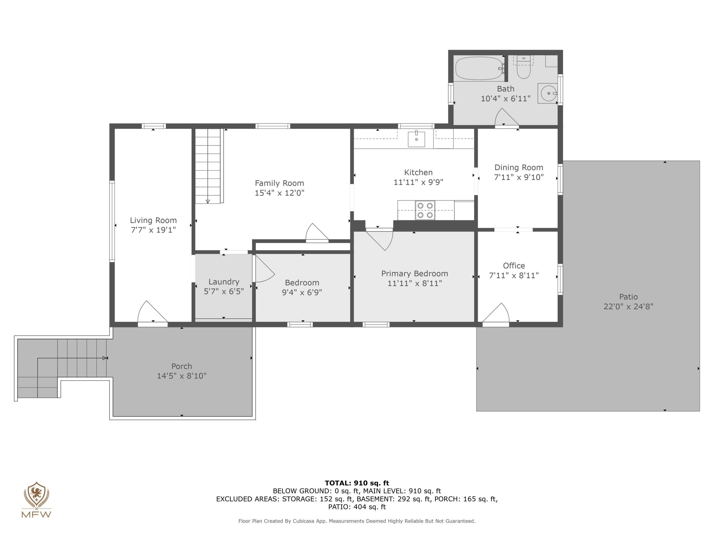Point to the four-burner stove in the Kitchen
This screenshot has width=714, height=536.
tap(425, 210)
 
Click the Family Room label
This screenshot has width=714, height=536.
tap(279, 183)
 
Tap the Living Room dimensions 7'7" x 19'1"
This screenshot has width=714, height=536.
tap(153, 230)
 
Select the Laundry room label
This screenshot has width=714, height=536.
tap(224, 282)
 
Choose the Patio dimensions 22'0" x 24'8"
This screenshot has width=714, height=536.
tap(628, 306)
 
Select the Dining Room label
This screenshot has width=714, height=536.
tap(518, 167)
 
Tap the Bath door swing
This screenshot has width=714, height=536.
tap(506, 117)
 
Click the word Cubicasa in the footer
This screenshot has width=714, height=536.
tap(303, 521)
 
